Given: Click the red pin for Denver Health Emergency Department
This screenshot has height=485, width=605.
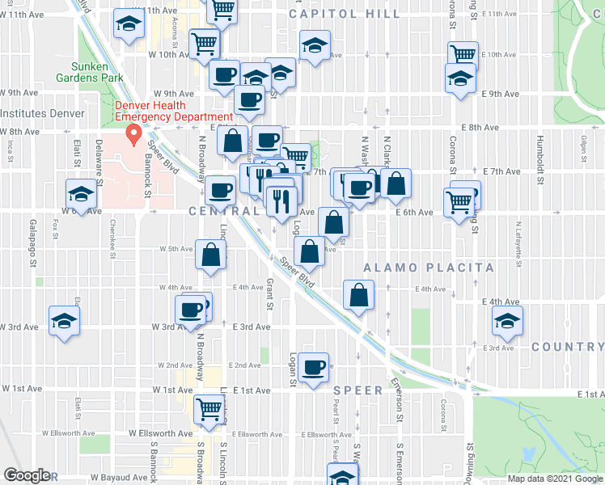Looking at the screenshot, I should pos(129,133).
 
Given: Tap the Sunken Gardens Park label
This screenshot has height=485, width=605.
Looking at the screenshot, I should pos(89,72).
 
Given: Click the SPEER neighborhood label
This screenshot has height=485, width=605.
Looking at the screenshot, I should pos(357,390).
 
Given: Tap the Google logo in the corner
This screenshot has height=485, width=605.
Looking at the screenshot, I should pos(26,475).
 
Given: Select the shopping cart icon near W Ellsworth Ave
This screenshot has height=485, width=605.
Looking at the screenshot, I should pos(209,408).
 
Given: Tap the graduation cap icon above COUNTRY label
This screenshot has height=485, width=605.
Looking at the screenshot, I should pos(507,322).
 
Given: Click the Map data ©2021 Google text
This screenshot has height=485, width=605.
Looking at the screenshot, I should pos(555,479).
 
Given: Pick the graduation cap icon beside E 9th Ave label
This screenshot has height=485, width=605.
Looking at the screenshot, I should pos(461,78).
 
